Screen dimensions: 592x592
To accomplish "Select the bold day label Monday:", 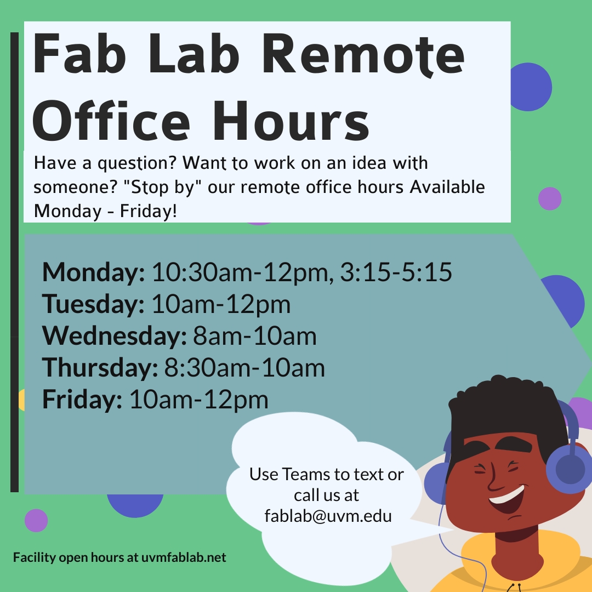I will (93, 272).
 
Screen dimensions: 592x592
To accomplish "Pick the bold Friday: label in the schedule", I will (82, 400).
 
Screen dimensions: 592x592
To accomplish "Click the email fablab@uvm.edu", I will (328, 516).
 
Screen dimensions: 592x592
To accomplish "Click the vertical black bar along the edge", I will (15, 262).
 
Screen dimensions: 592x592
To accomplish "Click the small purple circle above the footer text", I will (36, 521).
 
